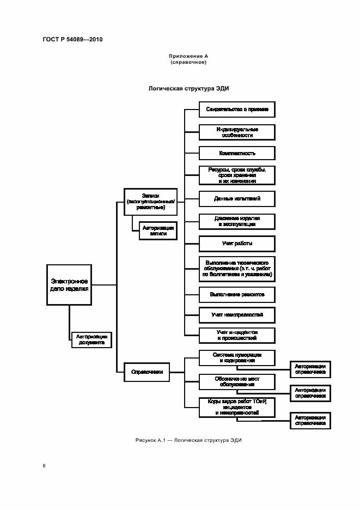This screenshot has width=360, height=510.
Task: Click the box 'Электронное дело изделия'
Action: pos(69,284)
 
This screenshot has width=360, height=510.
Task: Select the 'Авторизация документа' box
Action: pos(91,339)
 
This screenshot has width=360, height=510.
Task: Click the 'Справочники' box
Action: pos(147,373)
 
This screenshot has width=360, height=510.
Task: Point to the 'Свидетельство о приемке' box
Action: pos(236,110)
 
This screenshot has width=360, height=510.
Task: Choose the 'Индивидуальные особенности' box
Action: pos(236,132)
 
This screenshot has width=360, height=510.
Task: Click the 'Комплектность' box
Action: pos(236,153)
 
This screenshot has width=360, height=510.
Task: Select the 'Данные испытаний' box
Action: pos(236,199)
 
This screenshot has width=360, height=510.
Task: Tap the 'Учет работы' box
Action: pos(236,244)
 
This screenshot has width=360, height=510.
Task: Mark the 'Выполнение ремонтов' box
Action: pos(236,294)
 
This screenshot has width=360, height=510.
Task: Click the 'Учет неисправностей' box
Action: pos(236,315)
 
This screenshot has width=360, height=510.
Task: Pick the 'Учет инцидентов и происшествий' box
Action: pos(236,335)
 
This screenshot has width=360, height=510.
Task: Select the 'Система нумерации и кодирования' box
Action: pos(236,357)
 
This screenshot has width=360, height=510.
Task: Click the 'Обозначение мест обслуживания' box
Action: pos(236,381)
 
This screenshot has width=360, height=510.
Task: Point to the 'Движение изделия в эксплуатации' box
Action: pos(236,221)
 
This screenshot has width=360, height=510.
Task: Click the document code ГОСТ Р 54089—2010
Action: pos(72,40)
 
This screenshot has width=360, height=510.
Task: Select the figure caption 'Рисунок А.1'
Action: pos(187,440)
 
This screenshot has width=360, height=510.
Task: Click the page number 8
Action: pos(44,466)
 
